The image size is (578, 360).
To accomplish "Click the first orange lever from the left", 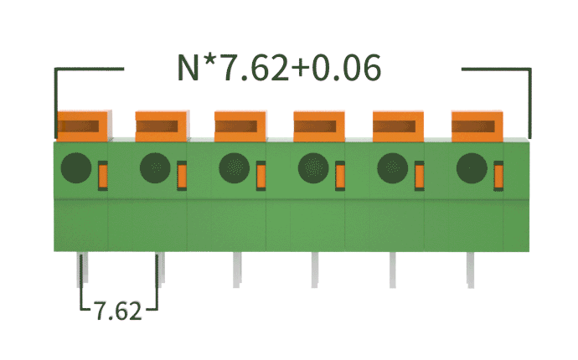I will (x=82, y=126).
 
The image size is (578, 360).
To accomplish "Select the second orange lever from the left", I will (x=162, y=126).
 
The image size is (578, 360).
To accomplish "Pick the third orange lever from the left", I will (x=240, y=126).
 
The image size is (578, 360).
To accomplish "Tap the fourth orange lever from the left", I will (x=319, y=126).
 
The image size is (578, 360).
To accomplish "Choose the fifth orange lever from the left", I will (x=399, y=126).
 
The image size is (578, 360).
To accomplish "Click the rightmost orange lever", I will (x=477, y=126).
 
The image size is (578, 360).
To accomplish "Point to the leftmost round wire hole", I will (x=75, y=168).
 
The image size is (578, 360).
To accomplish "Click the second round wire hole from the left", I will (x=155, y=168).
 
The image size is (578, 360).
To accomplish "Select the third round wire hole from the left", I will (x=234, y=168).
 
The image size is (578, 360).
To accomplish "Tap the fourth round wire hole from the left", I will (x=313, y=168).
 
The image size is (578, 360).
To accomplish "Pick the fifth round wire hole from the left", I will (x=392, y=168).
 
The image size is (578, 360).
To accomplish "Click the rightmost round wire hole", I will (x=471, y=168).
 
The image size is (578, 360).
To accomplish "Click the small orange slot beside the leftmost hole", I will (x=103, y=175).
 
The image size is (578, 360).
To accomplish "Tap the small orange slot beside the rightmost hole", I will (x=498, y=175).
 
